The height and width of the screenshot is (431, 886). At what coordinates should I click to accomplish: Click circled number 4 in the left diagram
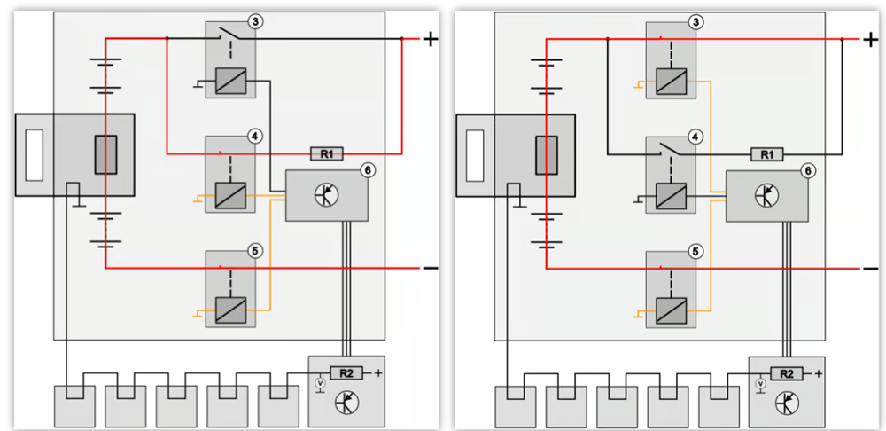255,136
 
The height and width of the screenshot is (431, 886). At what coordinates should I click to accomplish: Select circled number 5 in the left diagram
255,251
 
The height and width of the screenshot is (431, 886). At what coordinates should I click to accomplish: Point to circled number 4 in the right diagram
696,136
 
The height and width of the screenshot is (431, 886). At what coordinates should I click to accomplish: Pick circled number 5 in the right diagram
696,251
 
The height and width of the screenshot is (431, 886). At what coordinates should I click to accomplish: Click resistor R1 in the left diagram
327,153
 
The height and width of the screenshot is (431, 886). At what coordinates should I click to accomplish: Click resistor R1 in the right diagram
767,153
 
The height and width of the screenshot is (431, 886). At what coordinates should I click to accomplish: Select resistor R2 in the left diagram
346,372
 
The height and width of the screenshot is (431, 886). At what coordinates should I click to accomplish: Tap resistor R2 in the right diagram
786,372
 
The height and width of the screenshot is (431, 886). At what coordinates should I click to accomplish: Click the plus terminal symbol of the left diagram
431,39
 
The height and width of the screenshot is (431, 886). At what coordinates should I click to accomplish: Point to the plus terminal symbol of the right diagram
870,39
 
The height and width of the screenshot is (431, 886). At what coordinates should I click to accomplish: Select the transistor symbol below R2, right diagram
786,404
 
